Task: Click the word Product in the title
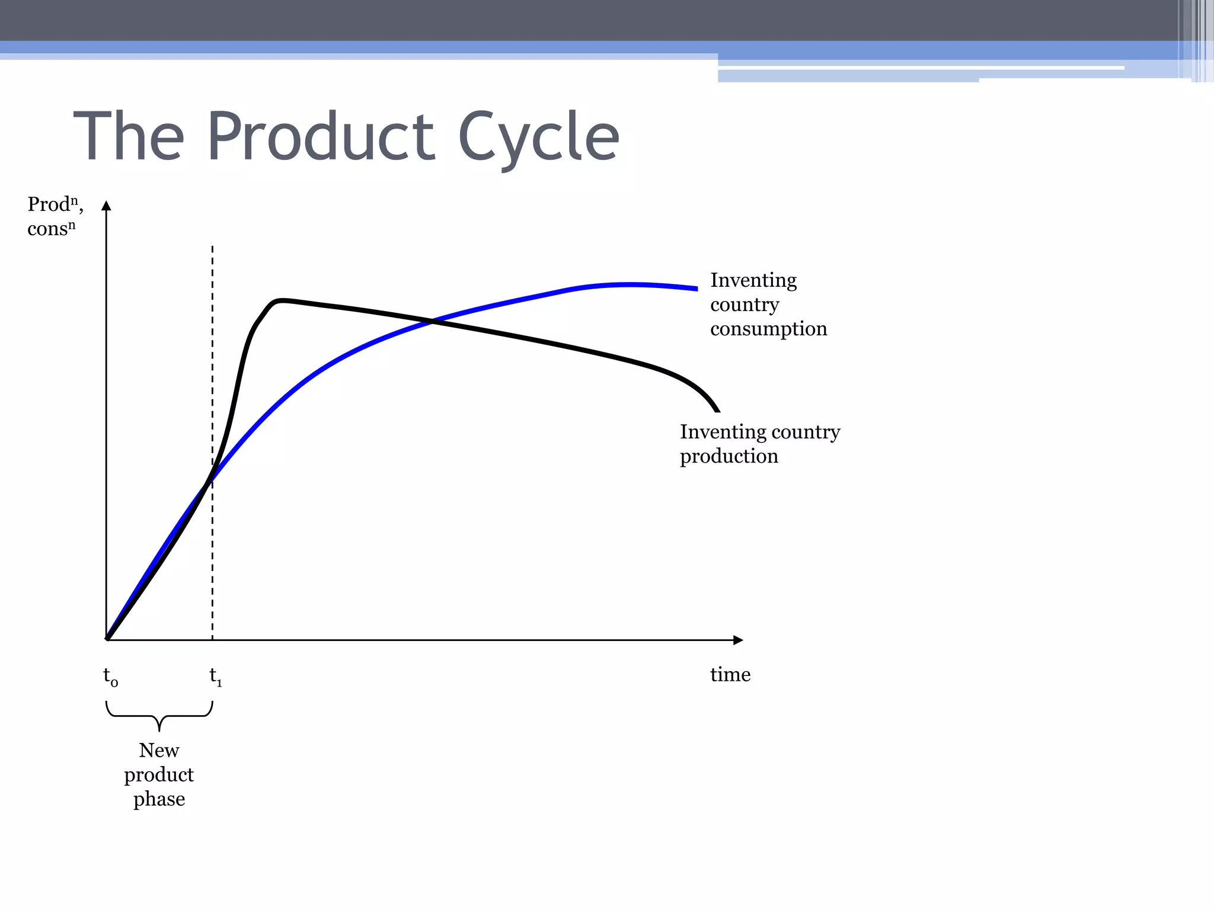(x=321, y=137)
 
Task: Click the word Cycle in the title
(x=538, y=137)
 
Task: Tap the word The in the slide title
(x=129, y=137)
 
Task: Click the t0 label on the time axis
(x=110, y=676)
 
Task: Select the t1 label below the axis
(x=215, y=676)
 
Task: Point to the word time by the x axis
(x=730, y=675)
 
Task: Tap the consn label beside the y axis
(x=51, y=229)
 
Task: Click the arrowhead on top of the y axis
(x=106, y=206)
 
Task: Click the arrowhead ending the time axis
(x=739, y=640)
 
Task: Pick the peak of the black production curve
(x=281, y=300)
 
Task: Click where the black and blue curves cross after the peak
(x=432, y=321)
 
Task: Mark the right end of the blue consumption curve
(x=696, y=289)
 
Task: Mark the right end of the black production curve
(x=717, y=410)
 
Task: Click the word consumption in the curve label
(x=768, y=329)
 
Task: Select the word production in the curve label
(x=729, y=456)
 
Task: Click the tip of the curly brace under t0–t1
(x=159, y=730)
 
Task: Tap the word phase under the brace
(x=159, y=800)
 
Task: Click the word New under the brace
(x=159, y=751)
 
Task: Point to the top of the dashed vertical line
(x=212, y=247)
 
